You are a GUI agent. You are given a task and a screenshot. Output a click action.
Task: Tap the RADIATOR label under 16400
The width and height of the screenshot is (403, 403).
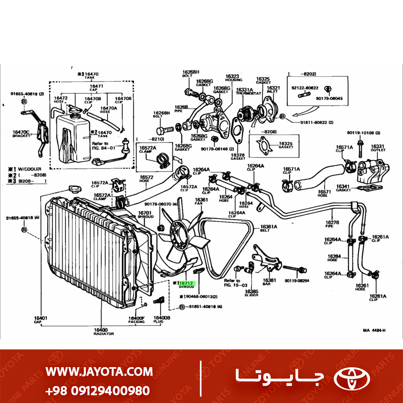[x=104, y=334]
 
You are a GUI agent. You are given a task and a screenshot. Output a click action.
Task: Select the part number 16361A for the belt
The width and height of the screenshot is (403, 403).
[x=268, y=227]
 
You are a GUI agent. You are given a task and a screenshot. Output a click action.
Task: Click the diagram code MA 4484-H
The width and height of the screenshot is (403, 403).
[x=374, y=330]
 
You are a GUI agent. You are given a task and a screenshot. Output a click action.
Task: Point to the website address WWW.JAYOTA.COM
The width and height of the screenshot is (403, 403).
[x=99, y=371]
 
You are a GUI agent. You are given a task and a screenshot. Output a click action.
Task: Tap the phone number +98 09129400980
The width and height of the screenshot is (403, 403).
[x=98, y=390]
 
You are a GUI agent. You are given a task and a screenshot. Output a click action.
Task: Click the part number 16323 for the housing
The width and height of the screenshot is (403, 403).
[x=232, y=76]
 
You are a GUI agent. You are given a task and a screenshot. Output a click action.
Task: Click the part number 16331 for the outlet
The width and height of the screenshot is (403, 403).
[x=378, y=146]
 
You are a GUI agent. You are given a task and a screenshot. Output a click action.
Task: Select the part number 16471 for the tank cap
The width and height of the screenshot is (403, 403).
[x=96, y=86]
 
